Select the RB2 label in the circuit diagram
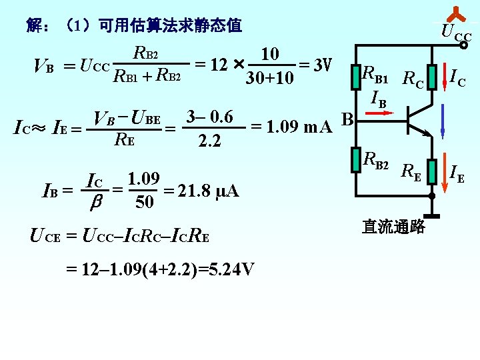tap(375, 159)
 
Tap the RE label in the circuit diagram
tap(411, 174)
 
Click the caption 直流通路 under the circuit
tap(393, 227)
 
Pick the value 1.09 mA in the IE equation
tap(291, 126)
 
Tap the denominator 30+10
tap(269, 79)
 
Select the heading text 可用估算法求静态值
tap(169, 26)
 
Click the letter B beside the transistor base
tap(346, 120)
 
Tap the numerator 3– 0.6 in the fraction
tap(209, 117)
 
